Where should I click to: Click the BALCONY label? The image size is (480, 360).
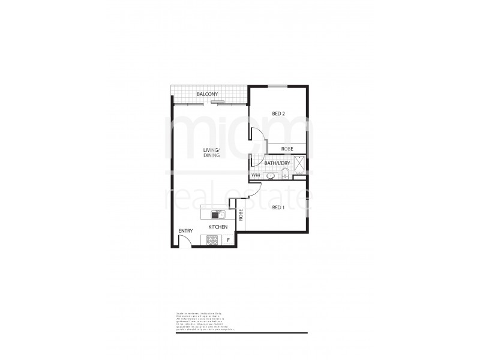(207, 95)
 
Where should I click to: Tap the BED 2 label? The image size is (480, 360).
(278, 113)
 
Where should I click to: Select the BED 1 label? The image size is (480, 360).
(278, 207)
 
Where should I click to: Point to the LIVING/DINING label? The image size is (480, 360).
(211, 153)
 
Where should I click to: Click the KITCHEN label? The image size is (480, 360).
(217, 227)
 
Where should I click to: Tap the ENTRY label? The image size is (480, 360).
(185, 231)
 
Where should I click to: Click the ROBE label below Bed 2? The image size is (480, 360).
(287, 148)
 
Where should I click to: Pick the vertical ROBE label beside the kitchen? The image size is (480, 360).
(241, 214)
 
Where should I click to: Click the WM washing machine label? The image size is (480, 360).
(256, 175)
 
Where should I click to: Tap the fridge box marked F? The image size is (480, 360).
(229, 240)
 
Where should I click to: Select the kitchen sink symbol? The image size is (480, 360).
(217, 214)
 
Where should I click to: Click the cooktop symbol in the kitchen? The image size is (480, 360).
(213, 240)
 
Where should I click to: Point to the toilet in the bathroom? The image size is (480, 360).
(285, 174)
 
